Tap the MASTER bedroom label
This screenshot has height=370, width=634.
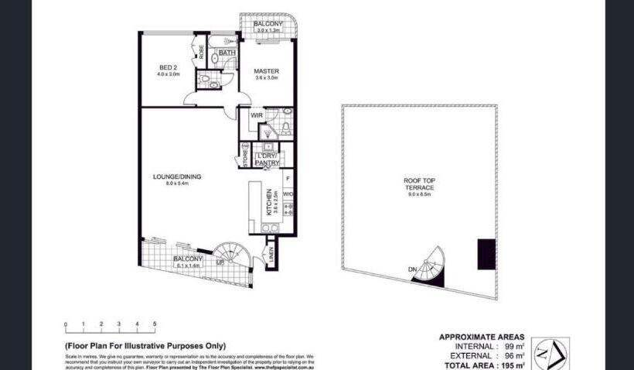[267, 72]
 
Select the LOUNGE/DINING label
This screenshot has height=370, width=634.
[177, 176]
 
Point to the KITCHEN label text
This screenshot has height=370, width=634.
[269, 201]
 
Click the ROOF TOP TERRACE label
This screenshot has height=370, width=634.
[419, 184]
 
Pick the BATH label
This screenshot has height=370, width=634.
[227, 53]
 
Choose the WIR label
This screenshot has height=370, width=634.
[257, 115]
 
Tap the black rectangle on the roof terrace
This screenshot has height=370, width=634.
[486, 254]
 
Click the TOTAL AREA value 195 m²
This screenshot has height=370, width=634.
[511, 364]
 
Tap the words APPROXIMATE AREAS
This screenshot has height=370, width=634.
[482, 337]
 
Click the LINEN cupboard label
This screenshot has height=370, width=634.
[271, 253]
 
